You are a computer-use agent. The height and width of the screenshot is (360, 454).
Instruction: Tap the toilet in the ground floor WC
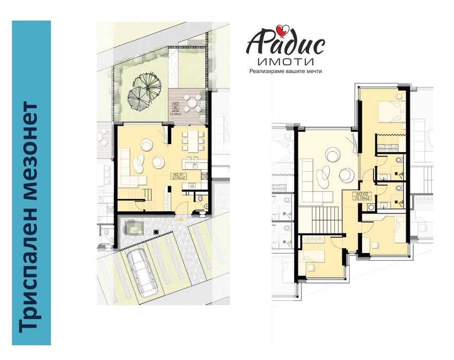[202, 197]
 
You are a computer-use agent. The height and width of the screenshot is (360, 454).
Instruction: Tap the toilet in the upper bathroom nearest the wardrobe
[400, 161]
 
